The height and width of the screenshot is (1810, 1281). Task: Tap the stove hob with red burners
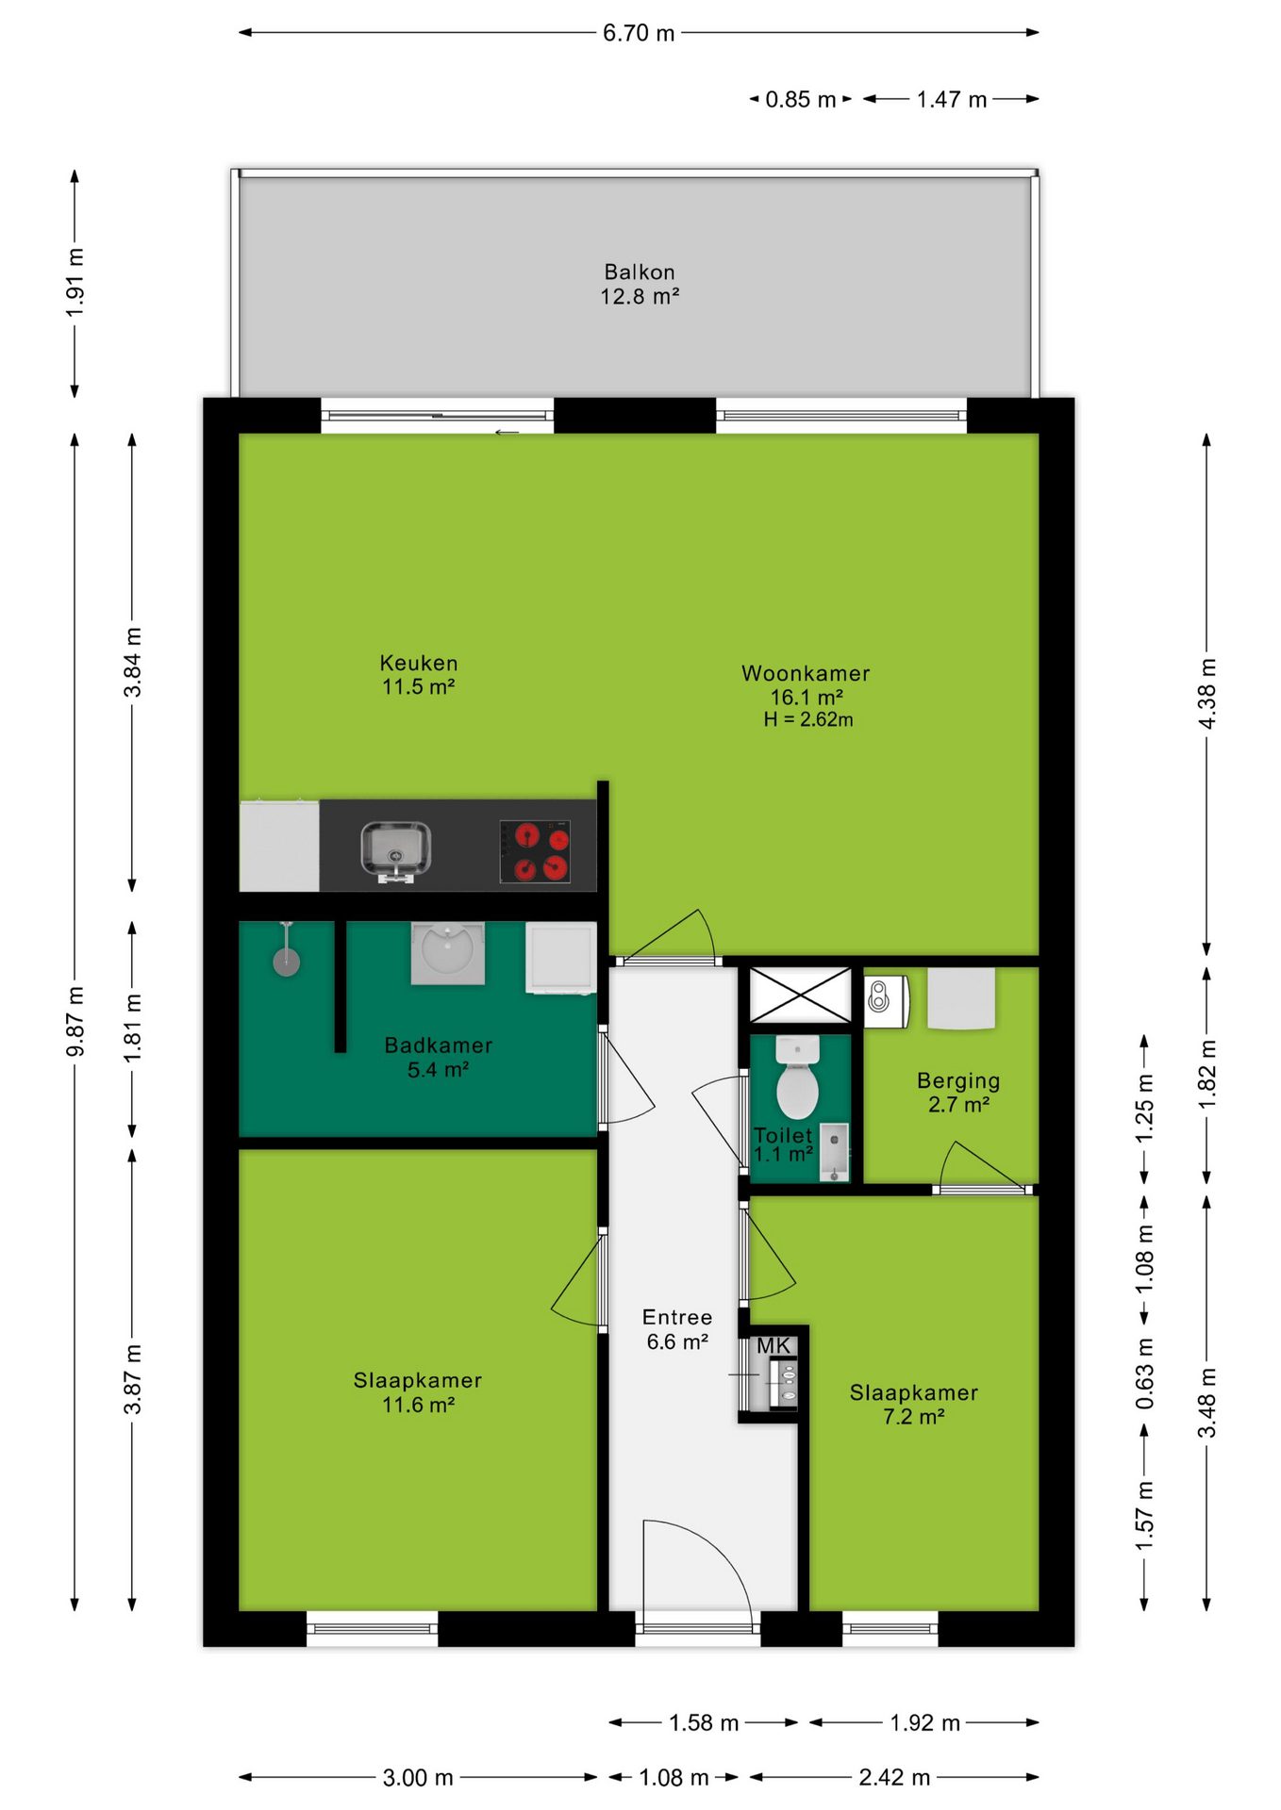(x=535, y=850)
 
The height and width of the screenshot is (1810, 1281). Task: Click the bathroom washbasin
(x=448, y=952)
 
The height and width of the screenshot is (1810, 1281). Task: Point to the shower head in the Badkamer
(x=287, y=960)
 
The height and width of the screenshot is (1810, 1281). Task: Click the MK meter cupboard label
(x=774, y=1346)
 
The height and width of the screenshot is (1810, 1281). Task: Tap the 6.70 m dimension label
(x=639, y=33)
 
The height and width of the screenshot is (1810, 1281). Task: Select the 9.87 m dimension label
(x=75, y=1022)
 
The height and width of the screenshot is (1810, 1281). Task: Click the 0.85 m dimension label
(x=801, y=99)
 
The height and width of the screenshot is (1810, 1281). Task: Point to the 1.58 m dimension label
(x=704, y=1722)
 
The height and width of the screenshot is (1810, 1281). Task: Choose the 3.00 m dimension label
(x=418, y=1777)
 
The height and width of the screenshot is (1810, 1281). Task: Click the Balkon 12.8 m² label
(x=640, y=284)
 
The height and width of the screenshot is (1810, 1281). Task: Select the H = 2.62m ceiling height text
(x=808, y=719)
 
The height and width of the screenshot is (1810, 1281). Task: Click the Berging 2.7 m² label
(x=958, y=1093)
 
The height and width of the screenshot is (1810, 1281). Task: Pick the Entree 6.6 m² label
(x=677, y=1329)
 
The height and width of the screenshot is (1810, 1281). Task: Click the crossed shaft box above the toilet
(x=801, y=995)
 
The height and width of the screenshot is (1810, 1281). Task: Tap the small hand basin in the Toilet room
(x=834, y=1151)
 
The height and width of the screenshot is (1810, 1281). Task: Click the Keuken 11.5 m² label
(x=418, y=675)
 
